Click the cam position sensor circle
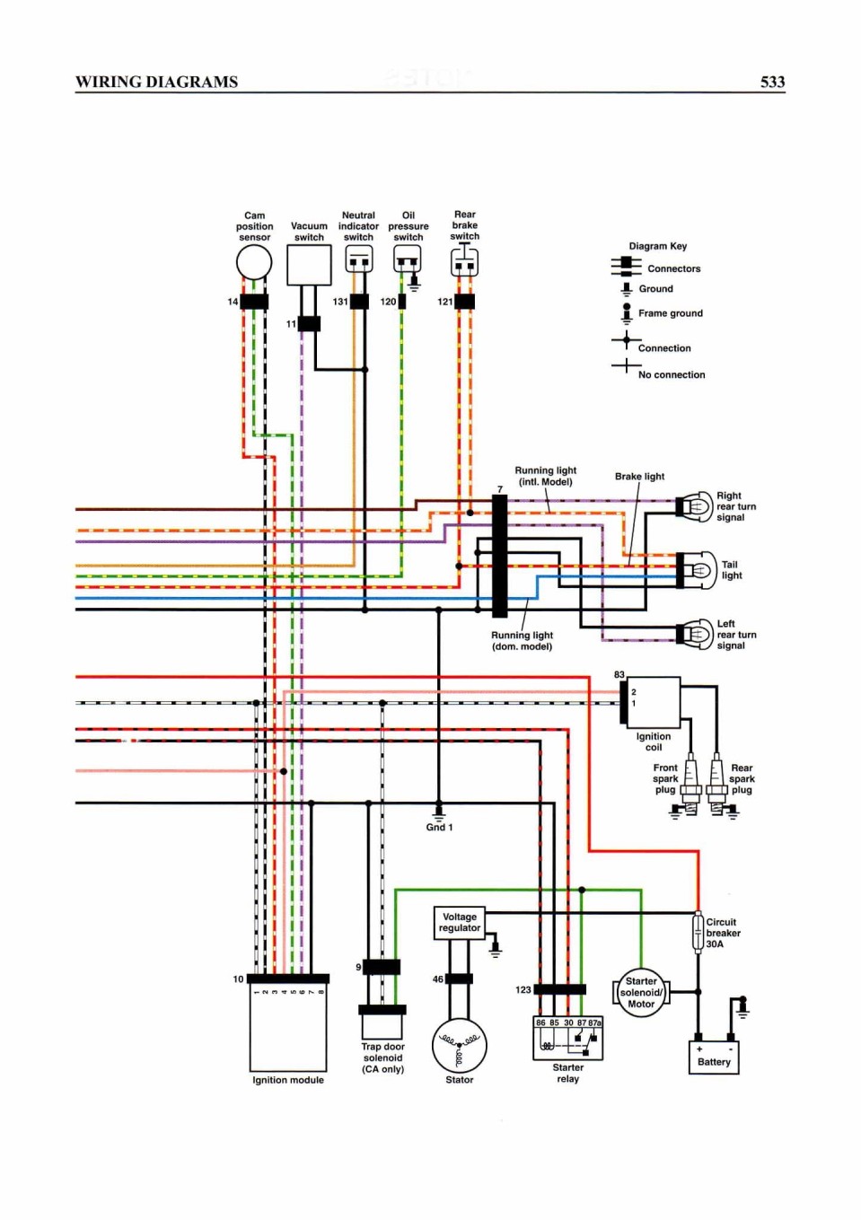[x=254, y=262]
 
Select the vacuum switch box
[x=310, y=265]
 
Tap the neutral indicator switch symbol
[x=359, y=259]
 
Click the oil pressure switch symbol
[x=408, y=259]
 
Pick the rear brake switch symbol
[x=464, y=261]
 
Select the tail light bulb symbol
[x=697, y=570]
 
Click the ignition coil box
[x=654, y=703]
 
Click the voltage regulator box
[x=459, y=923]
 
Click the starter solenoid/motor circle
[x=641, y=992]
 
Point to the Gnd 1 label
[x=440, y=828]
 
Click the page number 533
[x=772, y=82]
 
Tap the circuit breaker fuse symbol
[x=698, y=935]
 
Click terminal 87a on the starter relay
[x=594, y=1023]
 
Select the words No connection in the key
[x=672, y=374]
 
